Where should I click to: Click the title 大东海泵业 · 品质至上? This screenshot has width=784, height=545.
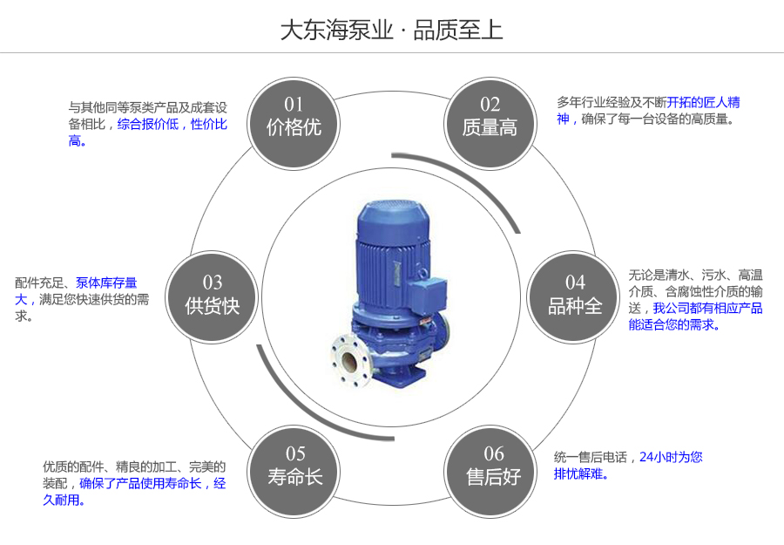pos(391,30)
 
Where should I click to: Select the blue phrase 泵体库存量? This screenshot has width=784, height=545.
pos(106,283)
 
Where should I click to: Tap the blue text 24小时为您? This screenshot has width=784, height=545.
pos(671,457)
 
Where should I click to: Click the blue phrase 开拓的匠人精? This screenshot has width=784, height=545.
pos(704,102)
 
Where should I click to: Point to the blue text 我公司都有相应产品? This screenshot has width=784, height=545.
pos(707,308)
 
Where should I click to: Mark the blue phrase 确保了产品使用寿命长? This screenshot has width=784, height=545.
pos(140,483)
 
